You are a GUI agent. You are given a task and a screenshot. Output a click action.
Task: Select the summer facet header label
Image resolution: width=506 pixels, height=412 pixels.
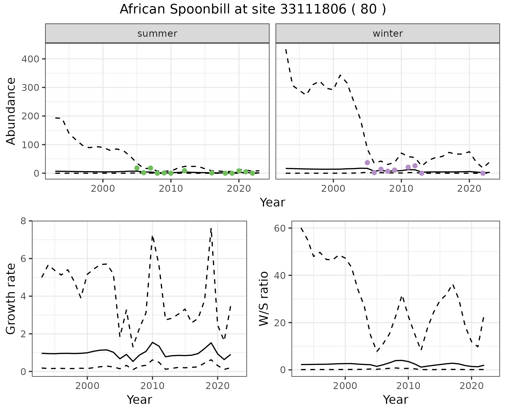point(157,34)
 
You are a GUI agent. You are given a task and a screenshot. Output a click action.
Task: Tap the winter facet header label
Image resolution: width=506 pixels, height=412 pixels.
point(388,34)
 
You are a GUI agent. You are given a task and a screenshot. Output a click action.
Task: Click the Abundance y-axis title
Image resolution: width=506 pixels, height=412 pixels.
point(11,111)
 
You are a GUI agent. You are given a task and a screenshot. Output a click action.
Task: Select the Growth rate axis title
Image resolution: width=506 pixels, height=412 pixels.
point(11,299)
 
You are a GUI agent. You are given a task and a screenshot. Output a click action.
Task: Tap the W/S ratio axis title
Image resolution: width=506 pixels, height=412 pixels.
point(264,299)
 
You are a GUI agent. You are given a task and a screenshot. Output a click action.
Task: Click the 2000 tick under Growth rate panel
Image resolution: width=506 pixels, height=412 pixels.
point(87,386)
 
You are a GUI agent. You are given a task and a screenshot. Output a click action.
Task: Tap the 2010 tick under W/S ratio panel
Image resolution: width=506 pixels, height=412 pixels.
point(408,386)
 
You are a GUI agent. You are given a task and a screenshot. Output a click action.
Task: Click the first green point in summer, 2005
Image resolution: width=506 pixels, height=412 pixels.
point(137,168)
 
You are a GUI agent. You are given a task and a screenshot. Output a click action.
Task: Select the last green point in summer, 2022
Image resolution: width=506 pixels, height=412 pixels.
point(252,173)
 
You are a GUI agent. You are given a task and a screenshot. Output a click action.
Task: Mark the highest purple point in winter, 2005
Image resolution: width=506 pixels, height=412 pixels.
point(367,163)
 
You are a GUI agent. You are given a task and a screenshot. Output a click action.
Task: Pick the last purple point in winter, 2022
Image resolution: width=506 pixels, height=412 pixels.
point(483,173)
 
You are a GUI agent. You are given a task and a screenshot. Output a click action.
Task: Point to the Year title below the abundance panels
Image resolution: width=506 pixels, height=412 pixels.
point(273,203)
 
